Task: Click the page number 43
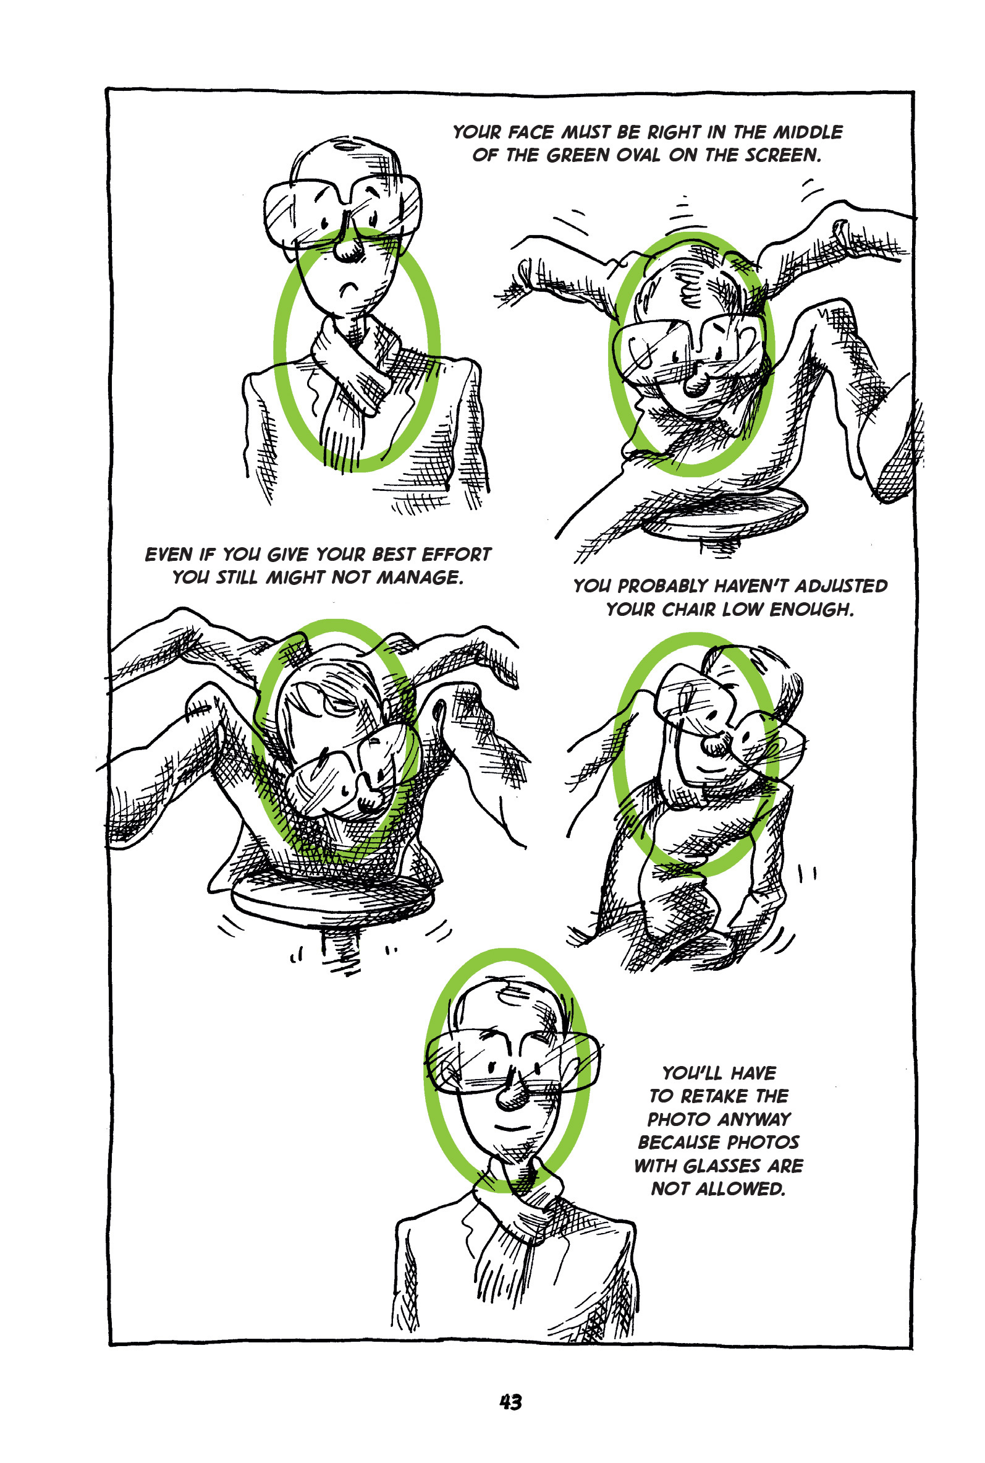(510, 1402)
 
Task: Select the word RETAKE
(715, 1096)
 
